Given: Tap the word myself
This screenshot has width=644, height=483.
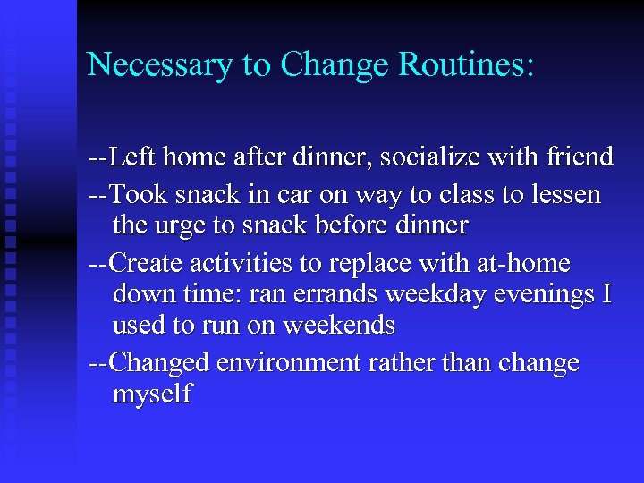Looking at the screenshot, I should (152, 394).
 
